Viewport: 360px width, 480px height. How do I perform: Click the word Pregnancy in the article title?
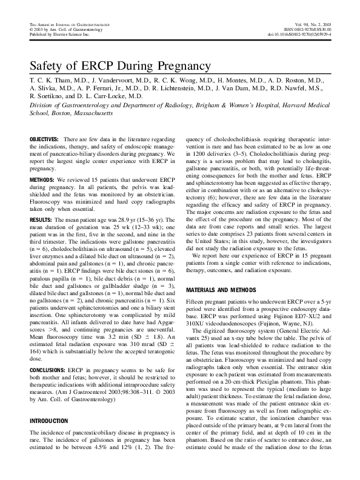(179, 65)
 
